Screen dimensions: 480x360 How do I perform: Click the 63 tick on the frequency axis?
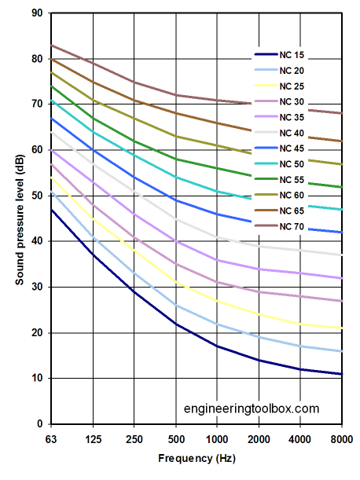pos(50,438)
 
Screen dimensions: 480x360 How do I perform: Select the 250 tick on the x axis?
pos(134,438)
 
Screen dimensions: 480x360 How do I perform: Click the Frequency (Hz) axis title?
pos(196,458)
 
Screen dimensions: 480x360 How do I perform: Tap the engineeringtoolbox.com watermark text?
pos(252,409)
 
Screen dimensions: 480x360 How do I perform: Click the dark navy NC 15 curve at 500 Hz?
pos(176,324)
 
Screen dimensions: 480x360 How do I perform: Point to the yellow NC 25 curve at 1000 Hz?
pos(219,301)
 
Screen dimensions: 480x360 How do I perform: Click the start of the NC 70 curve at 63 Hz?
pos(50,46)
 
